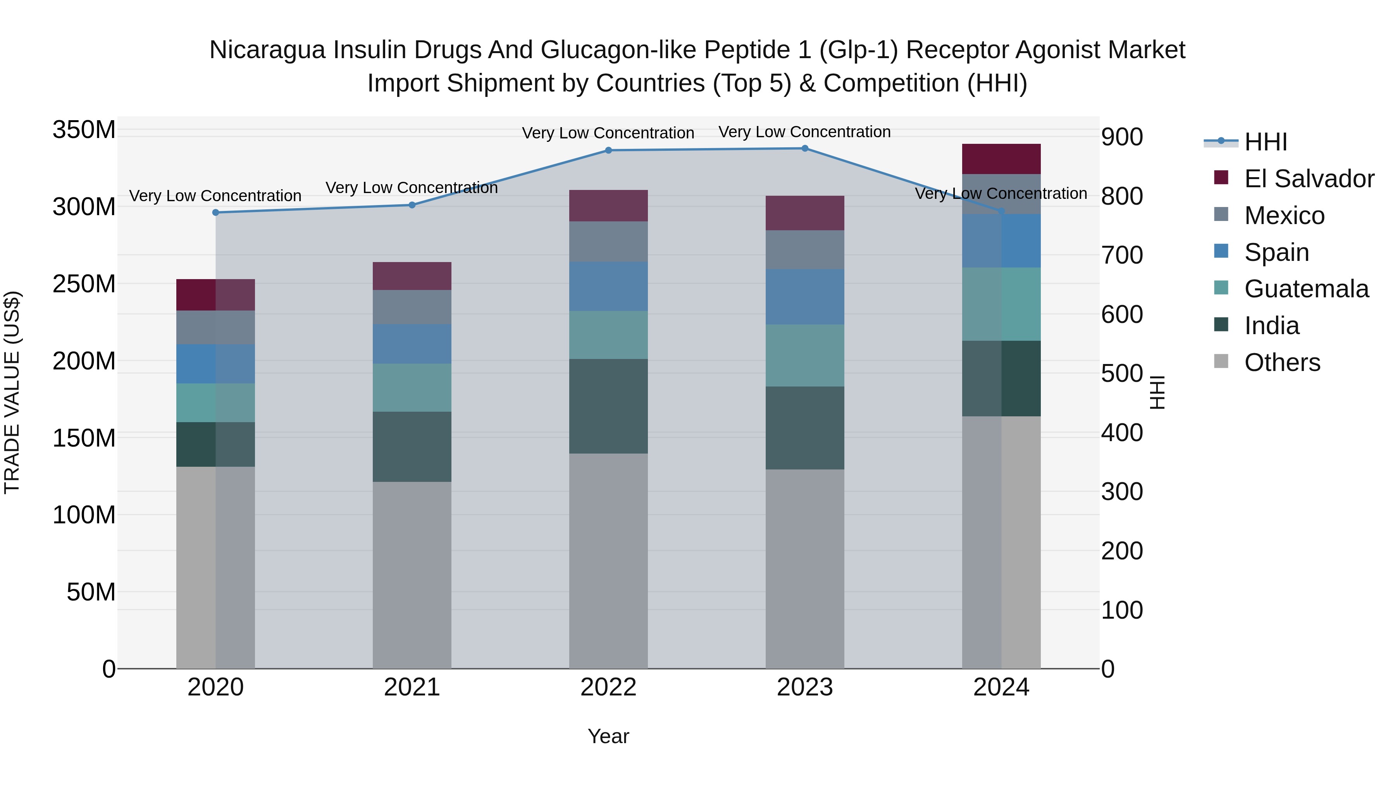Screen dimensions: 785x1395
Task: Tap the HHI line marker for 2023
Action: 805,148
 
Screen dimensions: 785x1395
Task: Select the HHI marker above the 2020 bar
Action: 215,212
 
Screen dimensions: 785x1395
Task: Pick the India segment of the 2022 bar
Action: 608,406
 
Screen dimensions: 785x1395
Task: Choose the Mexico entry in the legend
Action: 1283,216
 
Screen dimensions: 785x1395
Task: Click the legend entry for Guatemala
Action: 1305,289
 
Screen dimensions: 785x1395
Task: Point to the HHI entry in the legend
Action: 1265,142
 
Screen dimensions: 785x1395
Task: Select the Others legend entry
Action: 1281,362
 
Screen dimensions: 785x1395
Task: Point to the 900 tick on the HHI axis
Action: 1122,137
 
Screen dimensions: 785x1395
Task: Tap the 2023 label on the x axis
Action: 805,687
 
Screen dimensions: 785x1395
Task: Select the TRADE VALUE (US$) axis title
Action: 12,392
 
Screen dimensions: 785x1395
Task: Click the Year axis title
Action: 608,736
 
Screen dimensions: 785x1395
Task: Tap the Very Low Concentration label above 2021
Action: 412,188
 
